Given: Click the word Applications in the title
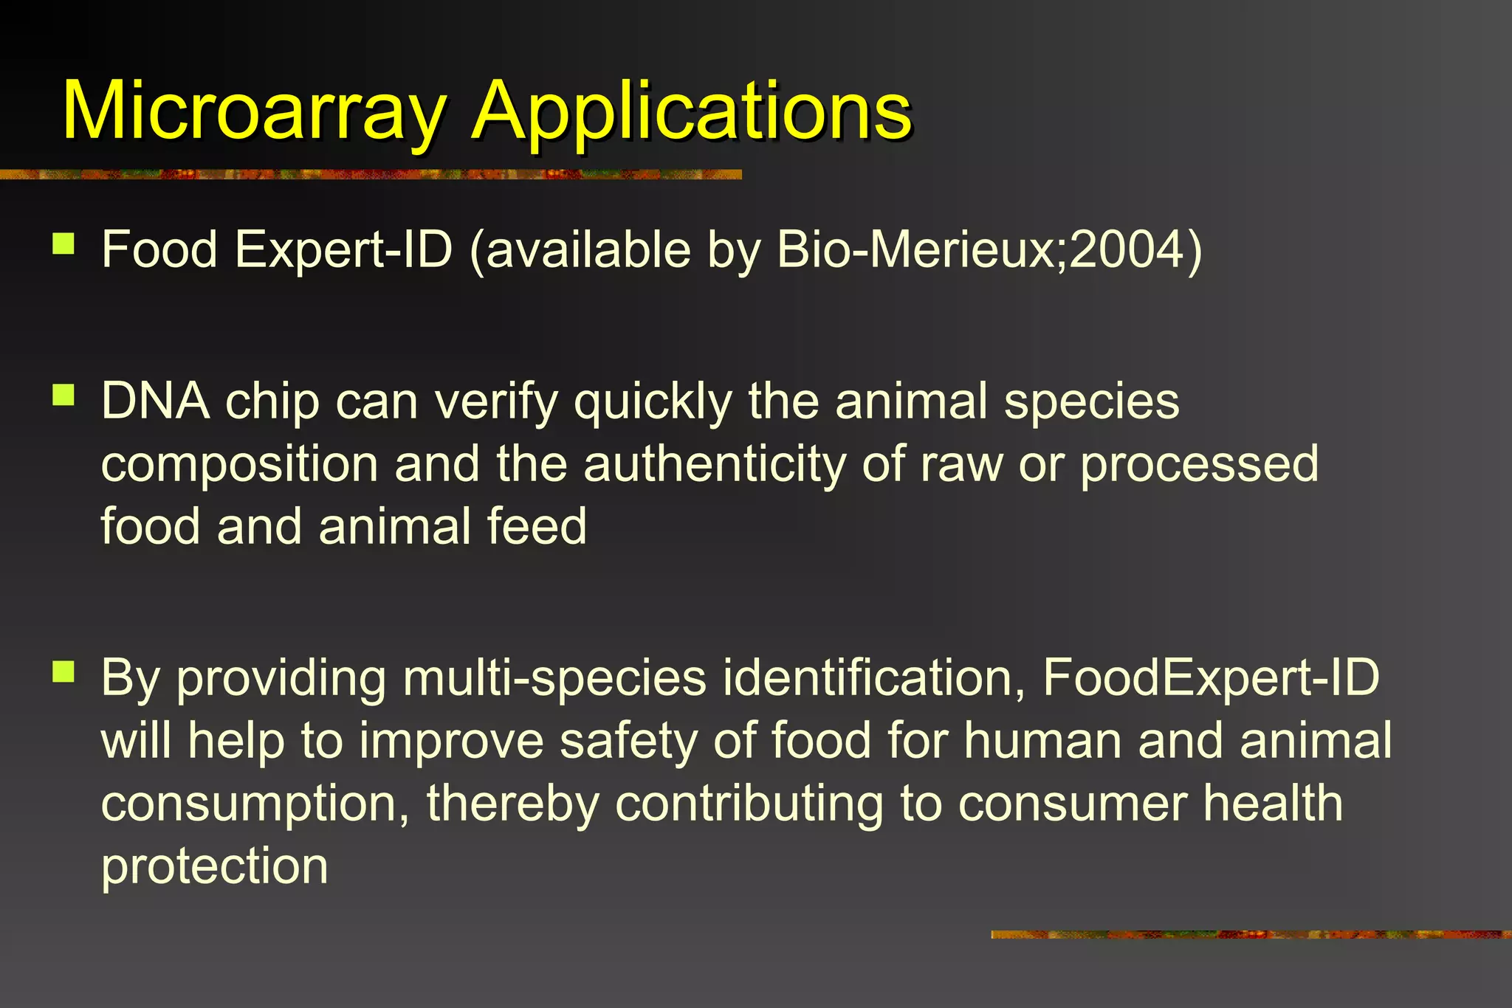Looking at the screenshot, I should [692, 112].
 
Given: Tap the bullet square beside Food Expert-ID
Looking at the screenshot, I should [64, 244].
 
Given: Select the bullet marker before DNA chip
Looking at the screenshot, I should [64, 396].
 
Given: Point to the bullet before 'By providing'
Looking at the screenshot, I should [64, 672].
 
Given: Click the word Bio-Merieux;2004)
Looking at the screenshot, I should [989, 251].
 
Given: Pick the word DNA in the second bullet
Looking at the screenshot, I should [154, 401].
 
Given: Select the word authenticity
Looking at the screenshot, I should [714, 465].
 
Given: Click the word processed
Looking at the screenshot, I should [1199, 465].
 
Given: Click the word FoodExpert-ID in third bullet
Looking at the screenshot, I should [1210, 678].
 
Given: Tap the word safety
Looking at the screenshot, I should [628, 740].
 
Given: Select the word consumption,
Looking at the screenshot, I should [255, 804].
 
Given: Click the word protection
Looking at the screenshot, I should [214, 866].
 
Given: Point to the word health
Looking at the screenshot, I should [1273, 803].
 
